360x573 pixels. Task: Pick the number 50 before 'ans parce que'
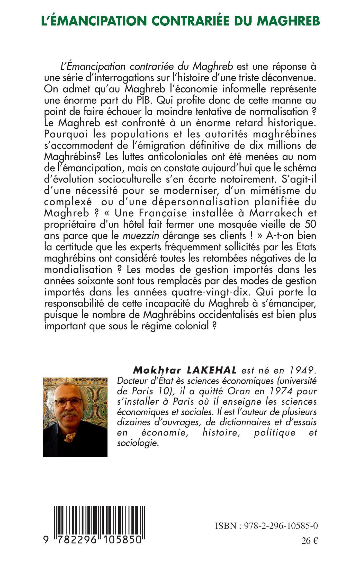[310, 225]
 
